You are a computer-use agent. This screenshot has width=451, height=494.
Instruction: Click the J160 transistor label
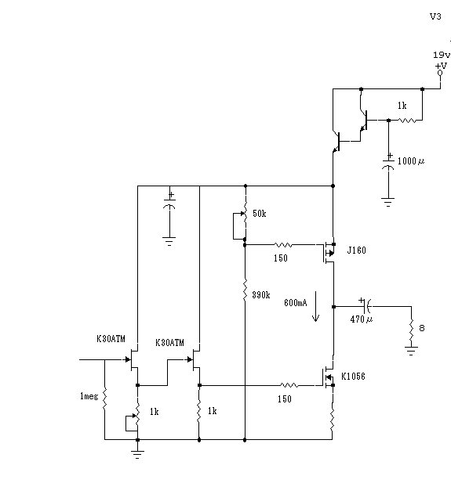point(357,251)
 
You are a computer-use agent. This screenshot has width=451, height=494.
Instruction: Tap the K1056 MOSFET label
point(353,377)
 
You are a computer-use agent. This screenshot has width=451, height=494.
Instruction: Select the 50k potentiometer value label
point(260,214)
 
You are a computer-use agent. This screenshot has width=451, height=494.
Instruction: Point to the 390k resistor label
point(261,295)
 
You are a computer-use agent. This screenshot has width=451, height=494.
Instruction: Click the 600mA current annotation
point(296,303)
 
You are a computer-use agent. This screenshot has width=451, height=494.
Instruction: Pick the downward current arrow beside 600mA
point(315,307)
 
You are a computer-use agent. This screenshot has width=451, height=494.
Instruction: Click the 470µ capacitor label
point(362,319)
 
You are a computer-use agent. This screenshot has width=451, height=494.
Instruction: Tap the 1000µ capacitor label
point(411,161)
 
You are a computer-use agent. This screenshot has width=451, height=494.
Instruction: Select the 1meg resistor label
point(89,396)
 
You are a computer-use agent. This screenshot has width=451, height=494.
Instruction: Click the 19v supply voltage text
point(442,55)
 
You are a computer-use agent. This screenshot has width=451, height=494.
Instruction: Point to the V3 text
point(435,16)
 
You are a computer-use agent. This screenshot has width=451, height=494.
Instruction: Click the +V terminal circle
point(440,73)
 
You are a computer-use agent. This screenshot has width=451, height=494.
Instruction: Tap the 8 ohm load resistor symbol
point(411,329)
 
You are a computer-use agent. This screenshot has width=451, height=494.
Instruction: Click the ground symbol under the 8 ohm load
point(411,351)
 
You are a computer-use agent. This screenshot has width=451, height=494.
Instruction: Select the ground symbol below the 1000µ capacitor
point(388,202)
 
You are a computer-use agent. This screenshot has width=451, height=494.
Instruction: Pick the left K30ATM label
point(111,339)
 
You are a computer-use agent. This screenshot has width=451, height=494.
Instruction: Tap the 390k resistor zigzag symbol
point(245,290)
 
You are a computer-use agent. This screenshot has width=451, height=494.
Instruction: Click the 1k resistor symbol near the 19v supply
point(407,121)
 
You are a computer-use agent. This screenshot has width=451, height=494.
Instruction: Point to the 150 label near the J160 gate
point(281,258)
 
